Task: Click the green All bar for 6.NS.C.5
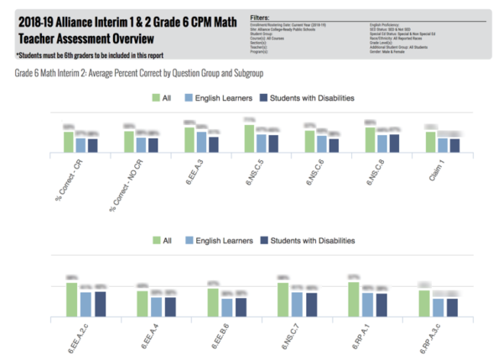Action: [249, 138]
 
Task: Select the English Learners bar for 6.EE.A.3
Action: [201, 142]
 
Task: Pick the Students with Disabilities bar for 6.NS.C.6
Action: [334, 145]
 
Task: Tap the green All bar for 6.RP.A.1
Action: [353, 300]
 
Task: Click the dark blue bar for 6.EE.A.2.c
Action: [100, 304]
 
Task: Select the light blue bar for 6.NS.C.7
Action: [298, 305]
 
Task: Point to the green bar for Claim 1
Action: [430, 142]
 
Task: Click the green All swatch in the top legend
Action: [156, 98]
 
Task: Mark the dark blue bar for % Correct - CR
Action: [92, 145]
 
